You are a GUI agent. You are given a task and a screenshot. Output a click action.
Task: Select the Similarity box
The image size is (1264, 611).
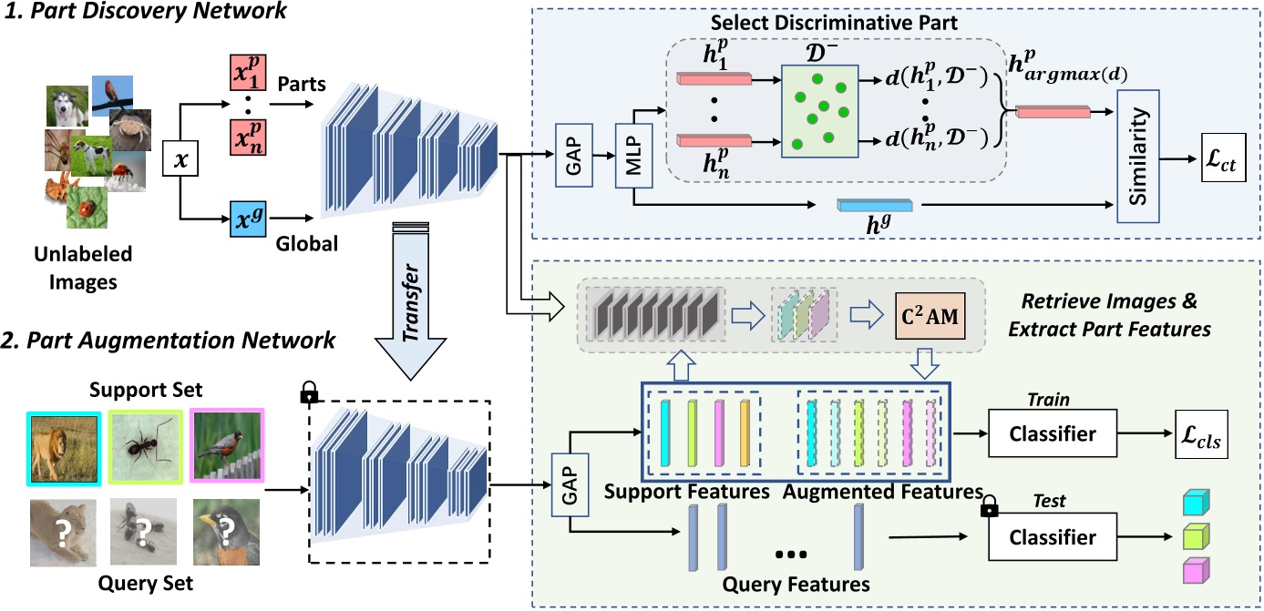pyautogui.click(x=1137, y=156)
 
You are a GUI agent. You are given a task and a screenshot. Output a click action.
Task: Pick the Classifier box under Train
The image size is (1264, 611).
pyautogui.click(x=1053, y=434)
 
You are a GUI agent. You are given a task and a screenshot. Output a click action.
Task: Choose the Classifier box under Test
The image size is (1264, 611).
pyautogui.click(x=1053, y=537)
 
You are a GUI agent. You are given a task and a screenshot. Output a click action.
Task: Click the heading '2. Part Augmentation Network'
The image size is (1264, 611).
pyautogui.click(x=169, y=341)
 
